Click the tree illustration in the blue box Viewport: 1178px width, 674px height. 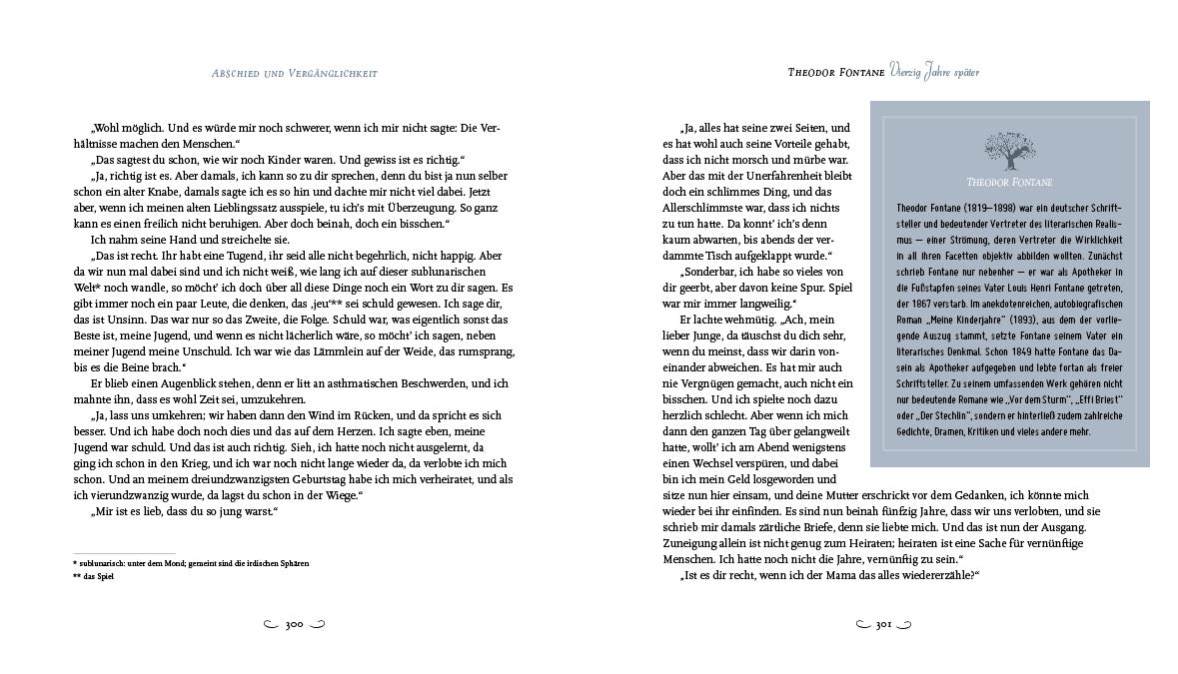pos(1009,153)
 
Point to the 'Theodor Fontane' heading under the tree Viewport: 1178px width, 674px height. pos(1009,182)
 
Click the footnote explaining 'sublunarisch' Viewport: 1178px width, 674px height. pos(191,563)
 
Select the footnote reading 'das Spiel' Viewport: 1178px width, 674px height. pos(96,576)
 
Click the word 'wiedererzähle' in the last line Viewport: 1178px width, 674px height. pos(930,575)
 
